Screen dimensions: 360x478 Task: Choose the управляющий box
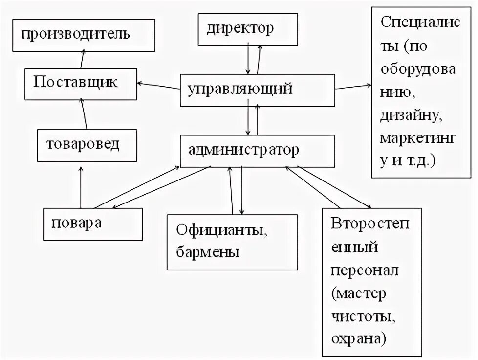pos(257,90)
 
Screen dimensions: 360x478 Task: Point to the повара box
pos(93,224)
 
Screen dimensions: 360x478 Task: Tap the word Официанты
pos(222,230)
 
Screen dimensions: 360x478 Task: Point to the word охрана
pos(359,337)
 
